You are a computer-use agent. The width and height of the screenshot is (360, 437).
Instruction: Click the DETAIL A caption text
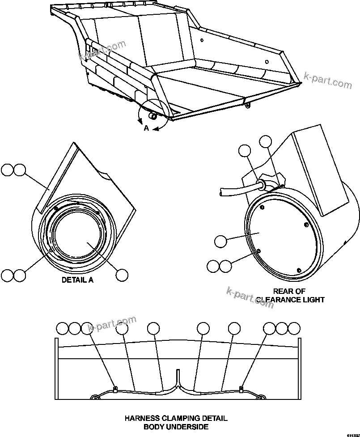(77, 280)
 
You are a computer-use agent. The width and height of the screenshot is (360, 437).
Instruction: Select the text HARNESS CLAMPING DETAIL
(176, 419)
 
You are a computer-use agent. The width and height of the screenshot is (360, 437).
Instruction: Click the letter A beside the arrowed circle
(146, 128)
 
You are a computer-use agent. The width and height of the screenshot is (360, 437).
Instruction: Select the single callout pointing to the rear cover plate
(220, 242)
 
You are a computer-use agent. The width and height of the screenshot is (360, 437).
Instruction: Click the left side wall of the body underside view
(57, 369)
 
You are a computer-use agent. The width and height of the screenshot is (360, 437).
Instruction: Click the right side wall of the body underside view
(299, 369)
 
